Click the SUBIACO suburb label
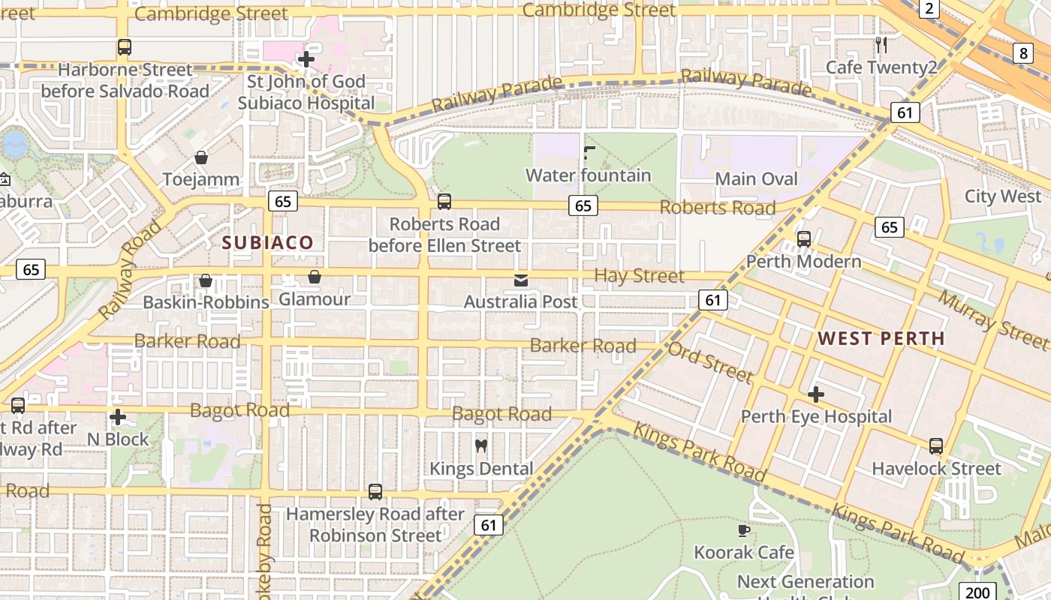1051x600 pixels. coord(267,242)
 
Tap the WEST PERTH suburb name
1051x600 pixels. coord(881,338)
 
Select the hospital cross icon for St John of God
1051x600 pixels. coord(306,59)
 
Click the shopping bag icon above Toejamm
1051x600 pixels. coord(201,157)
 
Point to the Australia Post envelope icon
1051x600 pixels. coord(520,280)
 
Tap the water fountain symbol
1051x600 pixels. coord(589,153)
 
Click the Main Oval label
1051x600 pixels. coord(756,178)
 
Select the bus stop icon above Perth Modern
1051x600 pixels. coord(804,239)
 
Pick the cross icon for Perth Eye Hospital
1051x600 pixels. coord(816,394)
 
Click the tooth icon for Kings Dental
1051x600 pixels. coord(481,445)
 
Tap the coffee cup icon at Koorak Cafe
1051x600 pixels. coord(743,530)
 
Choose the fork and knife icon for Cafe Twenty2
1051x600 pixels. coord(881,45)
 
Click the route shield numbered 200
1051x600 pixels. coord(978,591)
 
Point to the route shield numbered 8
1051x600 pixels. coord(1023,52)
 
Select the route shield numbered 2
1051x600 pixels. coord(929,9)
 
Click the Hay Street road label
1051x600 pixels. coord(639,276)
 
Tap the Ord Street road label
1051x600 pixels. coord(710,361)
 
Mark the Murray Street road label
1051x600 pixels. coord(992,320)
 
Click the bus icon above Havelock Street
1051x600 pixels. coord(935,446)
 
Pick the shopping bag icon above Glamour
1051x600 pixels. coord(315,277)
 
